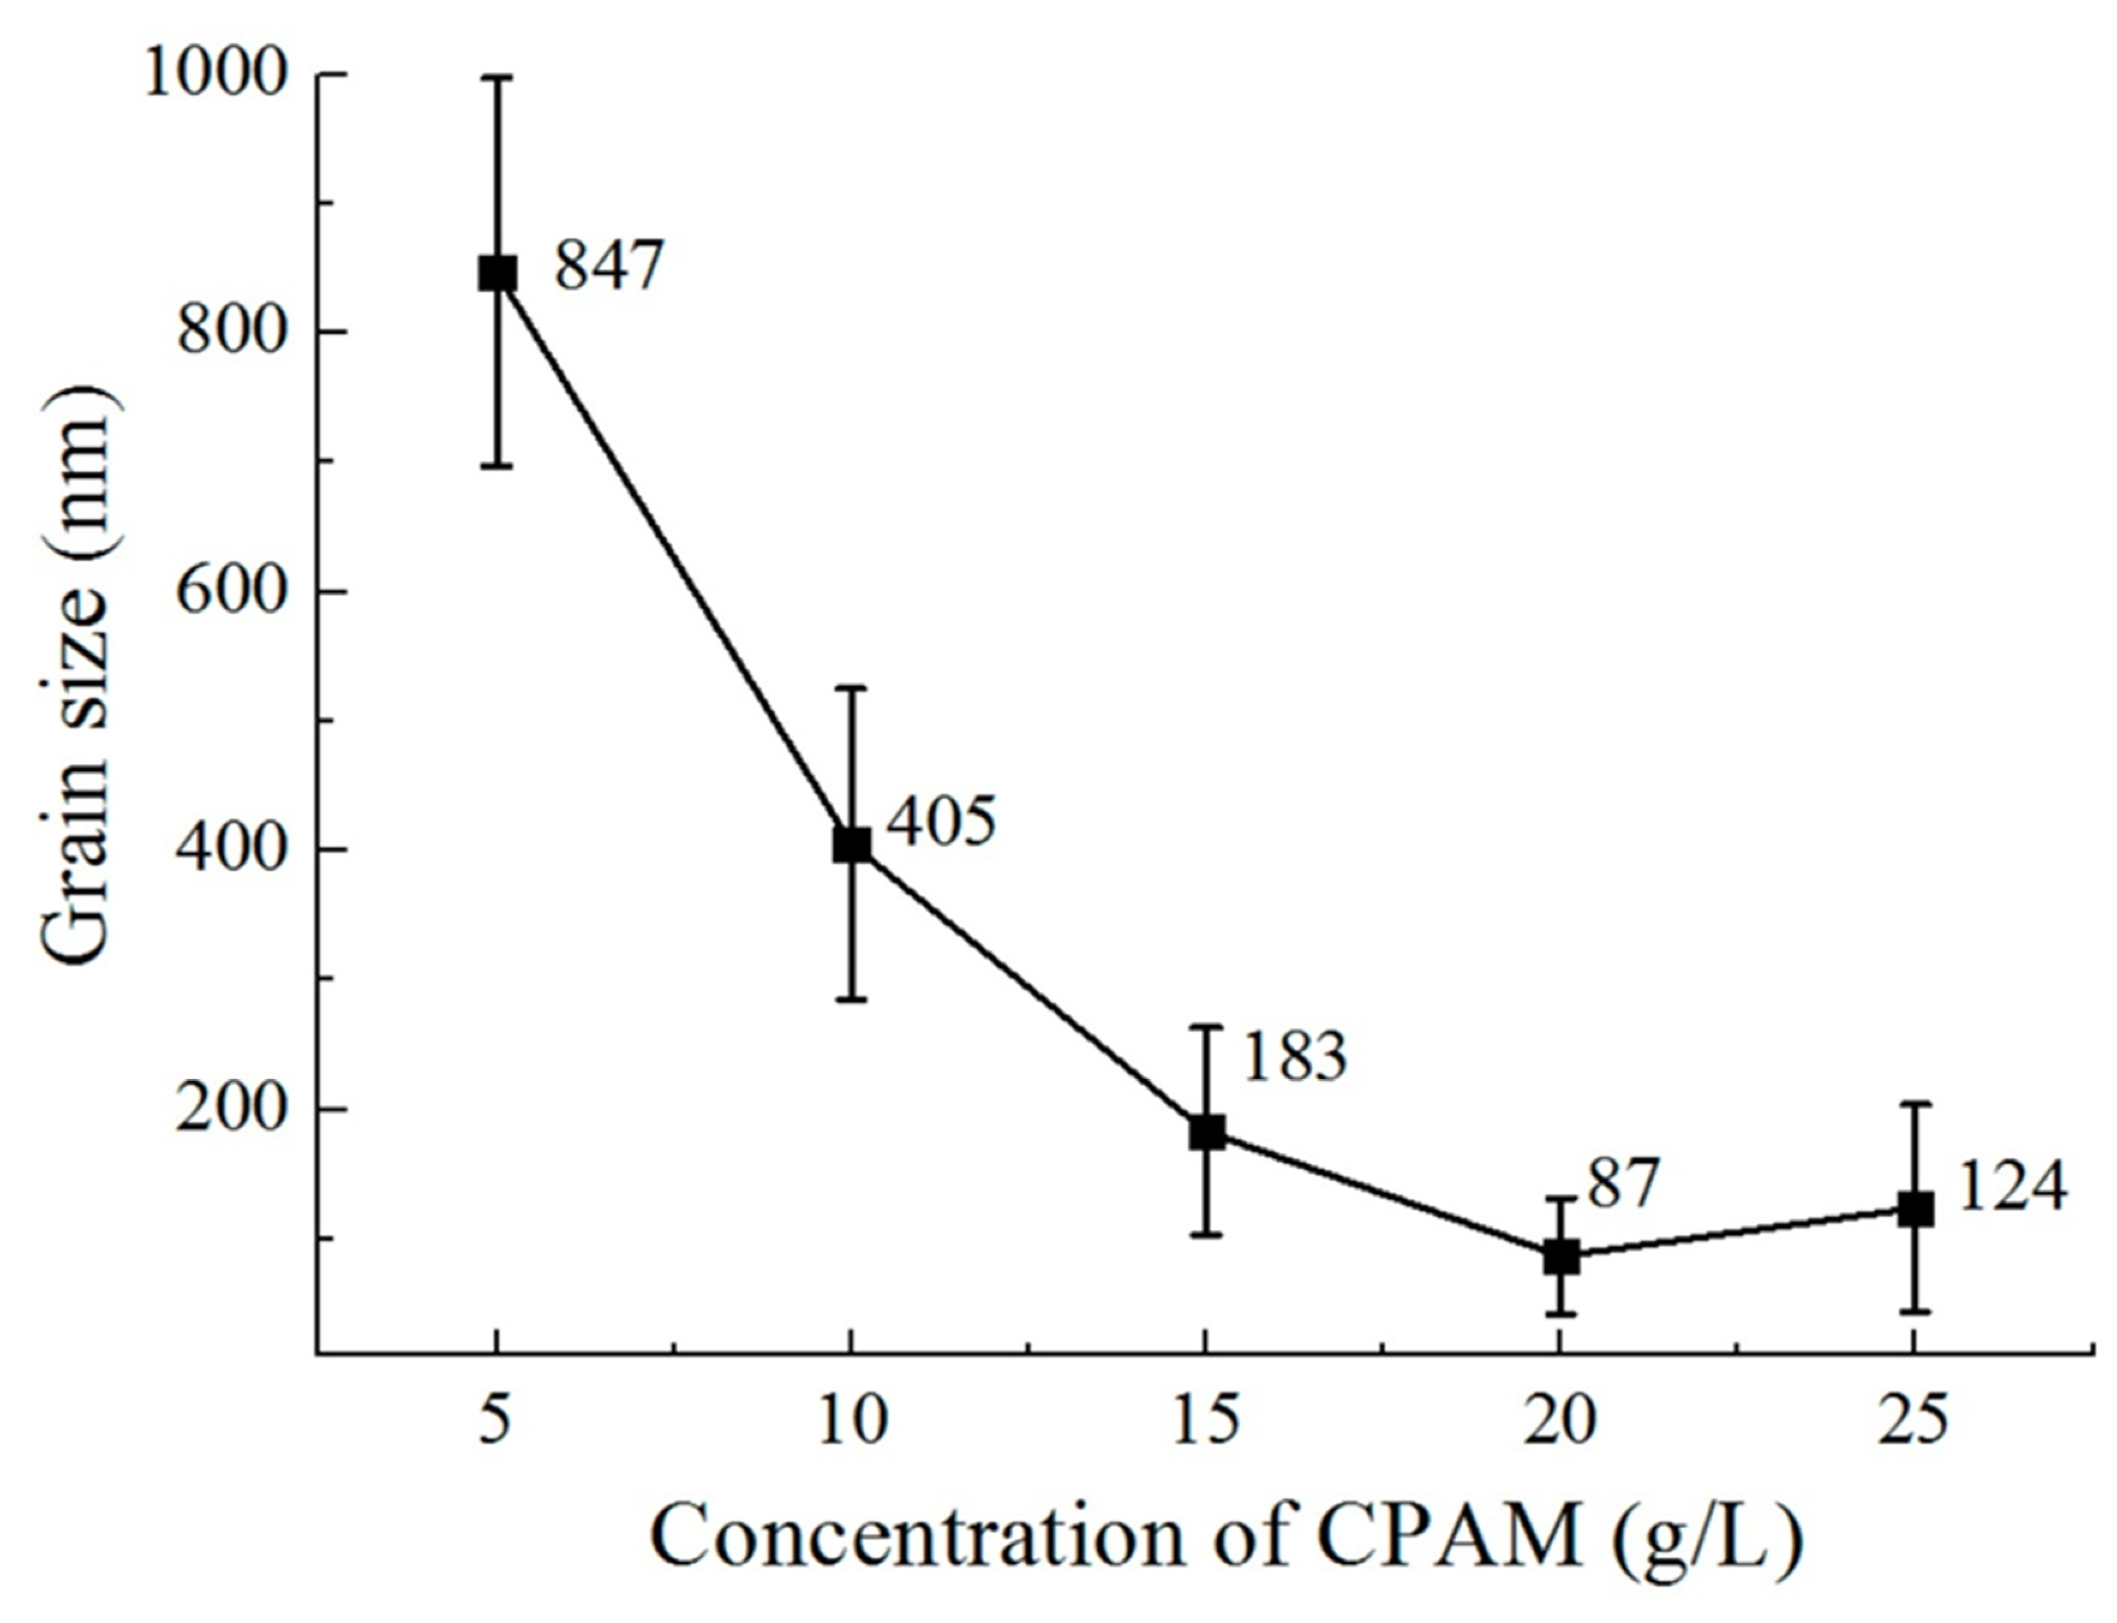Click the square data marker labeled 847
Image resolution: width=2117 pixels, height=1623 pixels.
497,273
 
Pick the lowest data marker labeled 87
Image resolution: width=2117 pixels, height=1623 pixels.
1560,1257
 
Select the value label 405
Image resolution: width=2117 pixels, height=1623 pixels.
941,823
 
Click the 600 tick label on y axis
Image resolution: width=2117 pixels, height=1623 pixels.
235,590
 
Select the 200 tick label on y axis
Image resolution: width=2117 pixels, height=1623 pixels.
235,1109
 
